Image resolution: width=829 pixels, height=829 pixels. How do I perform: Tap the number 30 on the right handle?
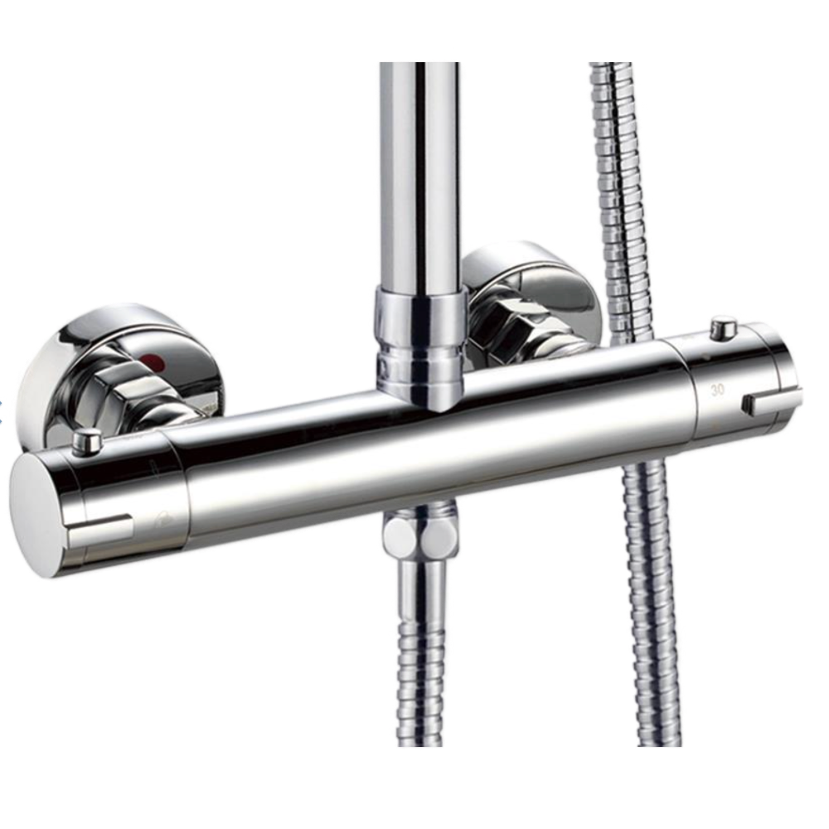pyautogui.click(x=717, y=390)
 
